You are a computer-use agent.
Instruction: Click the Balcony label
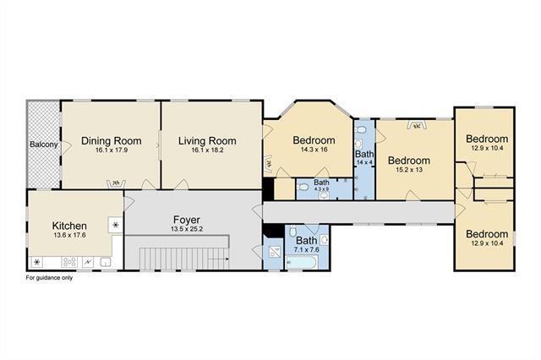point(43,145)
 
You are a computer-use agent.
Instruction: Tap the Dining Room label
point(111,140)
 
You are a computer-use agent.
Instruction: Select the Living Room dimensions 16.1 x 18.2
point(207,150)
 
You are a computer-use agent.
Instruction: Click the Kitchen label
point(69,226)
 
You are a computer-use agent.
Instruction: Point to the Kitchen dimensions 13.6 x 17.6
point(69,235)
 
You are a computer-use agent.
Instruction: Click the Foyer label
point(187,220)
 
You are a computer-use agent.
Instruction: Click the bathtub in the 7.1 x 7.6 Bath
point(301,263)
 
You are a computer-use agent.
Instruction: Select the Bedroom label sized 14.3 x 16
point(314,140)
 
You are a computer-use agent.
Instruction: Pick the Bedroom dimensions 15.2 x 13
point(409,170)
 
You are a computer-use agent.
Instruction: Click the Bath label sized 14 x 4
point(364,154)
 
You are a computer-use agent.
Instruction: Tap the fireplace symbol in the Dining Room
point(116,183)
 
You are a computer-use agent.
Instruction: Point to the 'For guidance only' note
point(49,277)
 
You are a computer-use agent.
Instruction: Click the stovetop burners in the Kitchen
point(69,262)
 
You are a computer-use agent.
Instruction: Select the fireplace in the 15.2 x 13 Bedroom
point(417,126)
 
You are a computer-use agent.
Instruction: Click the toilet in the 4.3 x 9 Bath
point(303,188)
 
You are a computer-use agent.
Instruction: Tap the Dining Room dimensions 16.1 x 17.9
point(112,150)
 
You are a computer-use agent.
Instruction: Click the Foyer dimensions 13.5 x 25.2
point(187,229)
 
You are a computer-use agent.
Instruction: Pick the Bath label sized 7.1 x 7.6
point(306,240)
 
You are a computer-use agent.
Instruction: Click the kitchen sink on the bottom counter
point(106,262)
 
